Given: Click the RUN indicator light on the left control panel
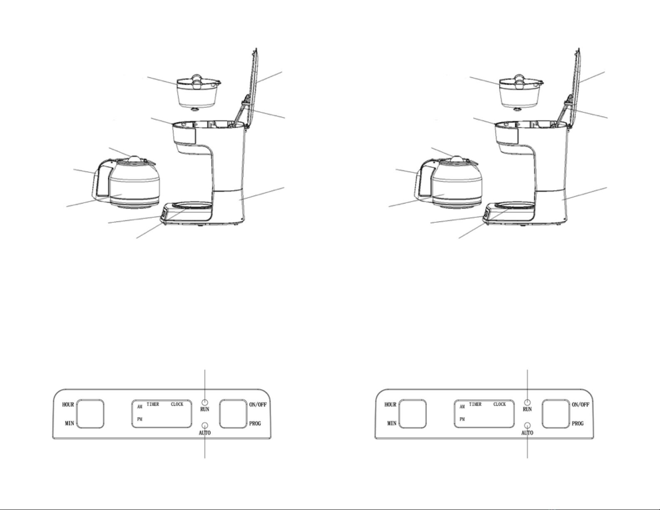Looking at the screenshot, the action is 204,402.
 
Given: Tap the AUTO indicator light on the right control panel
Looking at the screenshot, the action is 527,425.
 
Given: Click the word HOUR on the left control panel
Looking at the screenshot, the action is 68,404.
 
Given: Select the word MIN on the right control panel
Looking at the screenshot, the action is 391,423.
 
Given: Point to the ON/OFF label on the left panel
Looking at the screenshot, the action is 258,404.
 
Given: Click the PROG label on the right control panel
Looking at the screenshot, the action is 578,423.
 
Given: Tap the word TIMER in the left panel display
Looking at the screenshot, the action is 152,404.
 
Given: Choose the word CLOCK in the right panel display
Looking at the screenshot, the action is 499,404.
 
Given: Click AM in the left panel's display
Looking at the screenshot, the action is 139,407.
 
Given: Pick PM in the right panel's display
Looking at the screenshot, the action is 462,419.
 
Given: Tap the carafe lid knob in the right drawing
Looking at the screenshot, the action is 456,159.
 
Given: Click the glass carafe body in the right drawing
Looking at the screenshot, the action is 458,187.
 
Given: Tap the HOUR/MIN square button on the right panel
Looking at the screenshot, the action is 412,414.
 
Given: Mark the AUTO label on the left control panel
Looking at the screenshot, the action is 204,433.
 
